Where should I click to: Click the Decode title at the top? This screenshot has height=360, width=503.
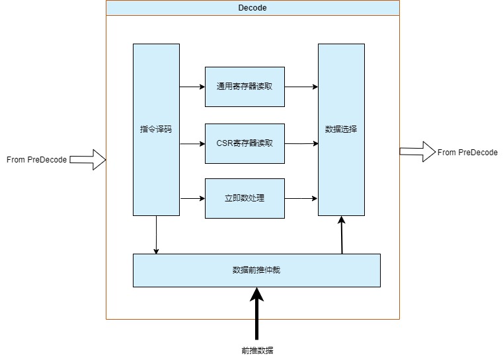pyautogui.click(x=252, y=8)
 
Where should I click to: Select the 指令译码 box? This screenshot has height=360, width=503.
pyautogui.click(x=156, y=129)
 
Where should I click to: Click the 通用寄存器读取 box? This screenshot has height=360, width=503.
pyautogui.click(x=245, y=87)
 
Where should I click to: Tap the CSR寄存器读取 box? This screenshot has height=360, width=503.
pyautogui.click(x=245, y=143)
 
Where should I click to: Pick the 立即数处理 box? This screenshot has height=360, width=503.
pyautogui.click(x=245, y=198)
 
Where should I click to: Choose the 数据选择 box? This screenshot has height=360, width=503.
pyautogui.click(x=341, y=129)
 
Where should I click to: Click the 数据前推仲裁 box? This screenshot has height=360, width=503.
pyautogui.click(x=256, y=270)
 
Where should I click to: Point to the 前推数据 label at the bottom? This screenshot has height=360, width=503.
pyautogui.click(x=257, y=351)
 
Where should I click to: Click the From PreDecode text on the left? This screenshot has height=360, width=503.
pyautogui.click(x=36, y=160)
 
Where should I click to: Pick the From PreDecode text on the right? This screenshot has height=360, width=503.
pyautogui.click(x=467, y=153)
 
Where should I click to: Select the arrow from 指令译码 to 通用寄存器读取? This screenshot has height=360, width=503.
pyautogui.click(x=192, y=87)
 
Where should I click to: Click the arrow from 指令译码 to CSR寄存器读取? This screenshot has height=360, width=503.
pyautogui.click(x=192, y=143)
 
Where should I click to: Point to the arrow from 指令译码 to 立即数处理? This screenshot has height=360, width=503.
pyautogui.click(x=192, y=198)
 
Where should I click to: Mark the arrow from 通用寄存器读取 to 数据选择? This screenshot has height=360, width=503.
pyautogui.click(x=301, y=87)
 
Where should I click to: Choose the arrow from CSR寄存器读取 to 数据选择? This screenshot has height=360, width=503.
pyautogui.click(x=301, y=143)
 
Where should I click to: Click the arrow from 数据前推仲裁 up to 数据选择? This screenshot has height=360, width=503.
pyautogui.click(x=342, y=235)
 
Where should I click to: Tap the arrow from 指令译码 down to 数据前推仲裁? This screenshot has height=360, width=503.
pyautogui.click(x=156, y=235)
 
